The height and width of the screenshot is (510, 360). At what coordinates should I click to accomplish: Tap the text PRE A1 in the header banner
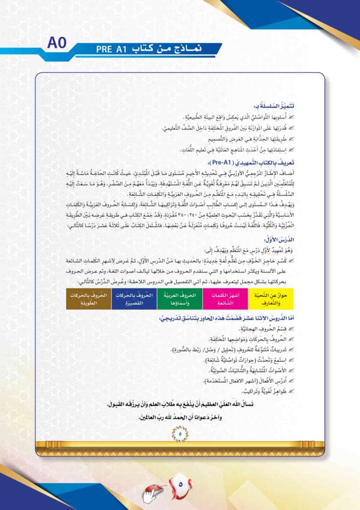pyautogui.click(x=113, y=49)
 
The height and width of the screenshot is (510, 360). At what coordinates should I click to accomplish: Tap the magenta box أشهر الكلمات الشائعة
pyautogui.click(x=226, y=299)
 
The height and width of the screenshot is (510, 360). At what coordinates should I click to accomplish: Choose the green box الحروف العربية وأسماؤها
pyautogui.click(x=180, y=299)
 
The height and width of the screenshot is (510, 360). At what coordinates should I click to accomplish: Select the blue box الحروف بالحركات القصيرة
pyautogui.click(x=134, y=299)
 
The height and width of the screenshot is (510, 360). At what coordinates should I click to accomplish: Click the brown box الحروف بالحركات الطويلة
pyautogui.click(x=88, y=299)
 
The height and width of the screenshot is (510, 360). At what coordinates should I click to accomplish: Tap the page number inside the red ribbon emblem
pyautogui.click(x=180, y=484)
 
